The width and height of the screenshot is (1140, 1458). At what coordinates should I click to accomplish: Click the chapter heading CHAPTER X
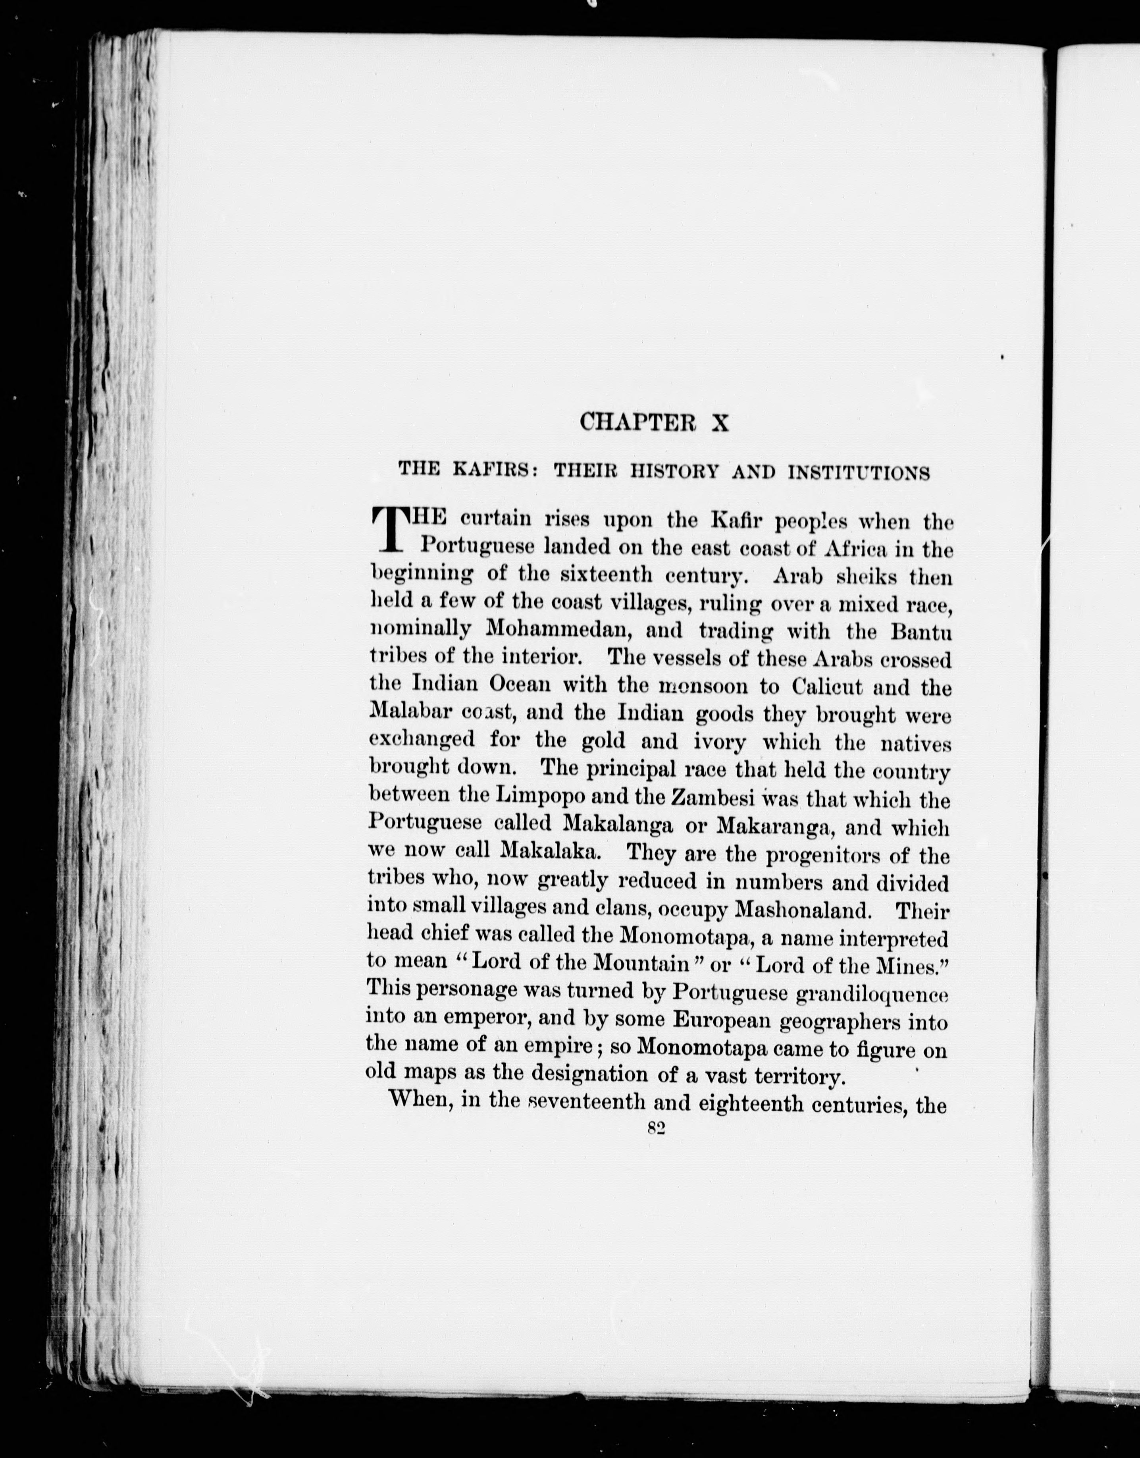point(654,422)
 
